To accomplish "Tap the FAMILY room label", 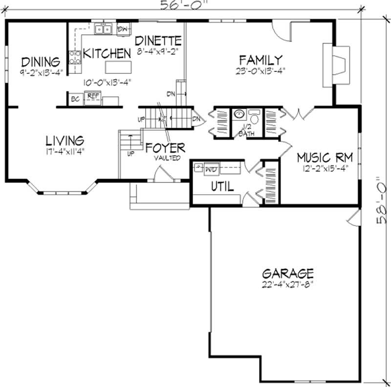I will point(261,60).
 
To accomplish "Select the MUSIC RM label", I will point(324,158).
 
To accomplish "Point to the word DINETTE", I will point(158,40).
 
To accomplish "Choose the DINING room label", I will point(41,62).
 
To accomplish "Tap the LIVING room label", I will point(65,141).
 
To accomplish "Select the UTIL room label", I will point(222,186).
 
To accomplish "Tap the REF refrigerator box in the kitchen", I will point(92,98).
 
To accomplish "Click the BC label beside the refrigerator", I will point(75,99).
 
